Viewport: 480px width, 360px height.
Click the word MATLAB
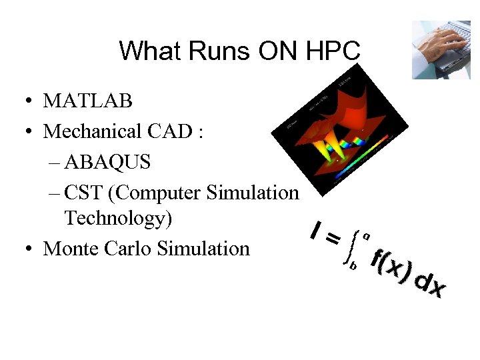[88, 101]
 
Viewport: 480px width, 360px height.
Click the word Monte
[69, 249]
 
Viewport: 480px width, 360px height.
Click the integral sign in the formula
[349, 247]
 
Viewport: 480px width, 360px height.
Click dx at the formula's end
[429, 285]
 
